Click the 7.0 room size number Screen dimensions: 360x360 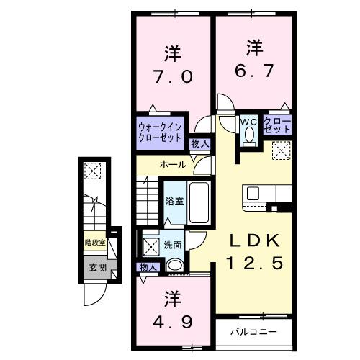pos(171,76)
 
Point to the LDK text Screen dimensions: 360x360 pos(248,240)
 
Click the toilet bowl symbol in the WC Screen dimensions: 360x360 pos(250,134)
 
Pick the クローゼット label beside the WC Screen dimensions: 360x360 pos(277,125)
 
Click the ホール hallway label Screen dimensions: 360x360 pos(173,165)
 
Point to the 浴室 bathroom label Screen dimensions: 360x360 pos(174,202)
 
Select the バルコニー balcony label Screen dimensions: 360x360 pos(250,333)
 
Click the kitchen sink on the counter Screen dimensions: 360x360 pos(253,194)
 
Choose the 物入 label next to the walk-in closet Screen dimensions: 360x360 pos(199,144)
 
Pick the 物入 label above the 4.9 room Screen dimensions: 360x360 pos(148,268)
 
